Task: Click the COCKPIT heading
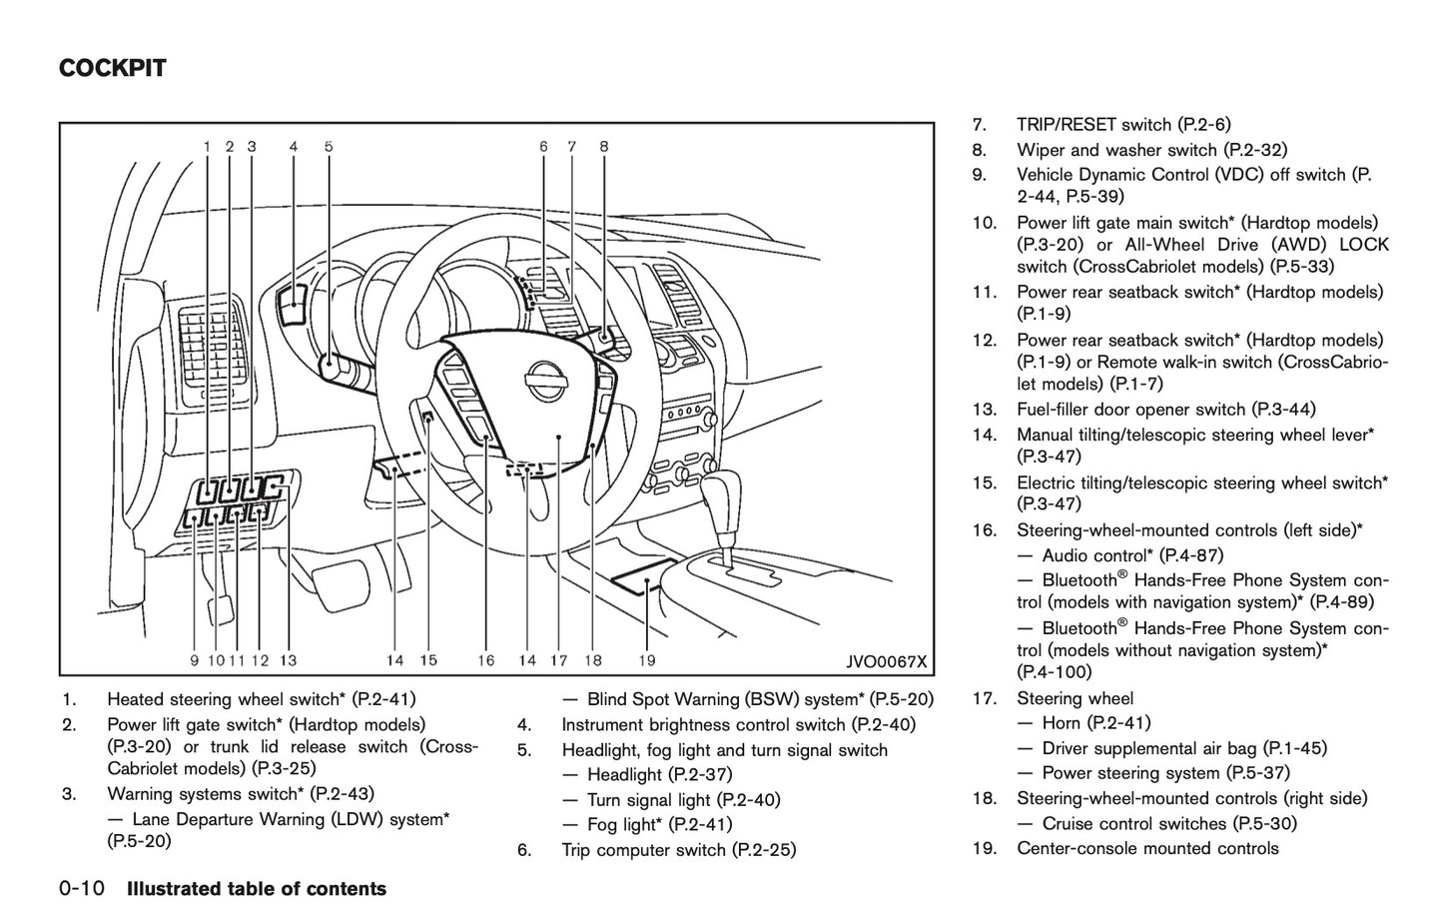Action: pos(112,69)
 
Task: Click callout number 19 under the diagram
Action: pos(646,660)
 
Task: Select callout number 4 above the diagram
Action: pos(294,147)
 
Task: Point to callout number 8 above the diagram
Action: pos(604,147)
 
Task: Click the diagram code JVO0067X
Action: pos(884,661)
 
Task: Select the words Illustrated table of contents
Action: pos(256,889)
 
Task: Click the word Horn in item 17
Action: pos(1061,723)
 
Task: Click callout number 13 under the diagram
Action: pos(288,660)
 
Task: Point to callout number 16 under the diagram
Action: pos(486,660)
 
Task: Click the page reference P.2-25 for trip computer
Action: pos(764,850)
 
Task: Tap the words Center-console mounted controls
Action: pos(1146,849)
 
